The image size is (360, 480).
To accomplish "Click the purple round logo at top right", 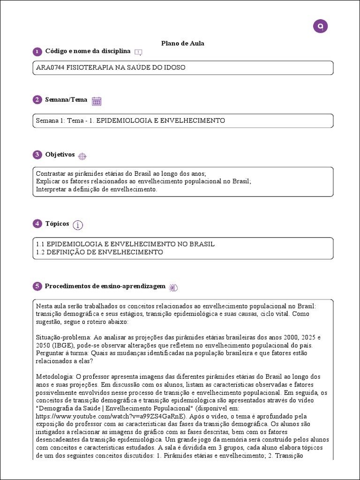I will point(320,26).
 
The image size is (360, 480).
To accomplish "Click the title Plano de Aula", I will point(182,44).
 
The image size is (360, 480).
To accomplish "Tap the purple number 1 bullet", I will point(37,51).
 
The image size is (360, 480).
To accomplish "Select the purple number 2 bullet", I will point(37,100).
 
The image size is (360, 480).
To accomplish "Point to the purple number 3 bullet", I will point(37,155).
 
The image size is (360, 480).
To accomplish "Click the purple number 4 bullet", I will point(37,224).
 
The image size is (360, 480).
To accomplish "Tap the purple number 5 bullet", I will point(37,286).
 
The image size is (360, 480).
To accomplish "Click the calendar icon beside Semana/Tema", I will point(97,101).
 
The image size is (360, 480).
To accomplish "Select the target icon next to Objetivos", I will point(82,156).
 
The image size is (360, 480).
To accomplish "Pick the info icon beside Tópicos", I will point(78,225).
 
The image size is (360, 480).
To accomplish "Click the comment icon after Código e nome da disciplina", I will point(138,52).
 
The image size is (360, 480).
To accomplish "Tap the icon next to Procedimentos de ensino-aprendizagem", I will point(173,287).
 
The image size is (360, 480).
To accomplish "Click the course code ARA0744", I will point(50,67).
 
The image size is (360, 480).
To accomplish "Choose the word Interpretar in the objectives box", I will point(50,189).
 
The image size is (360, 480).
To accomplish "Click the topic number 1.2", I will point(40,252).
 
